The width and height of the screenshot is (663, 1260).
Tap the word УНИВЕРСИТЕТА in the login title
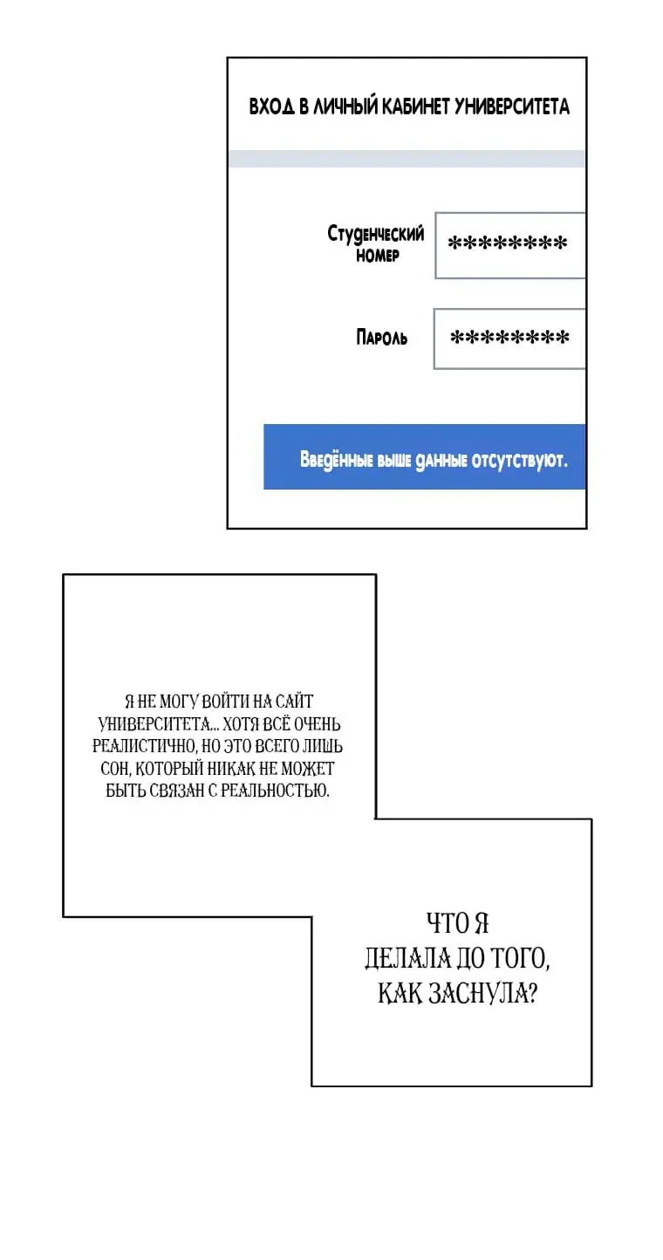(511, 106)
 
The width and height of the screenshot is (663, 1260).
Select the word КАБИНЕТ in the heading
(415, 106)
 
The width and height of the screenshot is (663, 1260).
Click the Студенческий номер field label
(376, 243)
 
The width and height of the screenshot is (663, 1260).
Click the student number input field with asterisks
(510, 245)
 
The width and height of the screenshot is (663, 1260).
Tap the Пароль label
(381, 338)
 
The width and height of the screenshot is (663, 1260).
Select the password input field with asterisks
(509, 339)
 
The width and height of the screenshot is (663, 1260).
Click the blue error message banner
(425, 456)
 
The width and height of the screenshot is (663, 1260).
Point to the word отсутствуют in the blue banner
(519, 460)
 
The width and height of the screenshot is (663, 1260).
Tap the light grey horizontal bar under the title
(406, 159)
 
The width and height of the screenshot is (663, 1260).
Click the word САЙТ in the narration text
(294, 702)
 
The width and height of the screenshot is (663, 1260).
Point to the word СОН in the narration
(116, 769)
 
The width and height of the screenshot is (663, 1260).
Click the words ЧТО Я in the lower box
(457, 924)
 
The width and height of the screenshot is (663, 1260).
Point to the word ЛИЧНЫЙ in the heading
(345, 106)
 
